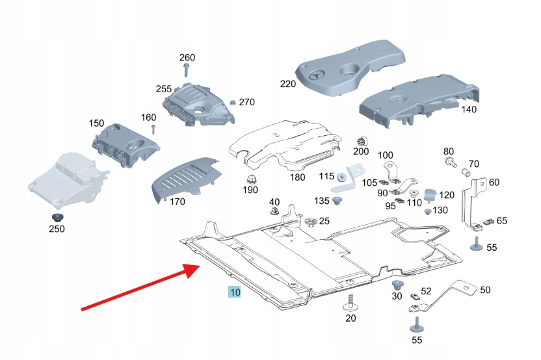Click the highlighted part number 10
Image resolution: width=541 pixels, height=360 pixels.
click(235, 293)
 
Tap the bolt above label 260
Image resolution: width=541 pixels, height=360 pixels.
click(187, 73)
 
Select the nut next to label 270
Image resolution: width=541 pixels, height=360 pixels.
click(231, 102)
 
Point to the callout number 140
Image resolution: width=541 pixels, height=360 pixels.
click(468, 109)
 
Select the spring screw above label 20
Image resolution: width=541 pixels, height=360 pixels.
click(351, 302)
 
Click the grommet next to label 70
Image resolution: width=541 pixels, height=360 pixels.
click(466, 174)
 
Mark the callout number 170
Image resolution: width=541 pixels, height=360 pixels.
click(177, 201)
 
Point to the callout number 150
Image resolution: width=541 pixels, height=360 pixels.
click(96, 123)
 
